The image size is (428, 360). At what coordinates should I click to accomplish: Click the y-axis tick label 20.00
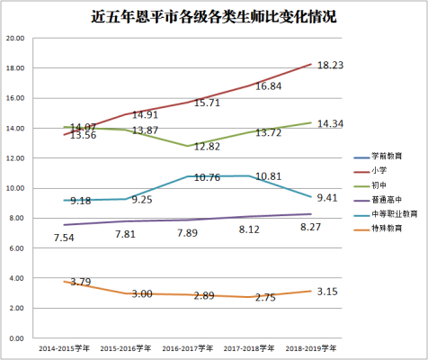(15, 39)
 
